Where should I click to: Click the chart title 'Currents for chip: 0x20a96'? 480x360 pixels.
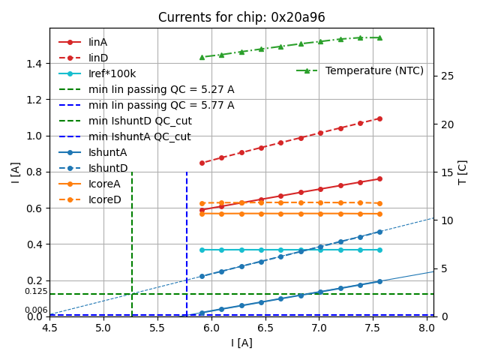coord(241,17)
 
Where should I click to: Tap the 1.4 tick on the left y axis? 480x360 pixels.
coord(34,64)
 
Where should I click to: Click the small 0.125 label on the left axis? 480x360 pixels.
coord(36,291)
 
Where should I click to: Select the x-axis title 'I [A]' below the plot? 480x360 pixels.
coord(241,343)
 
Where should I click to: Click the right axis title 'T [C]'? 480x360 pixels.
coord(463,172)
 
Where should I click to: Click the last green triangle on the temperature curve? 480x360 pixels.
coord(379,37)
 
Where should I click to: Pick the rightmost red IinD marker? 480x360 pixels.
coord(379,118)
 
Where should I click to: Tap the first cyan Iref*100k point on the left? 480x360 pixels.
coord(202,250)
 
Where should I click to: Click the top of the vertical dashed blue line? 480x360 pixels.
coord(187,172)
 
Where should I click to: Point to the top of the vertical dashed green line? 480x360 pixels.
coord(132,172)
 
